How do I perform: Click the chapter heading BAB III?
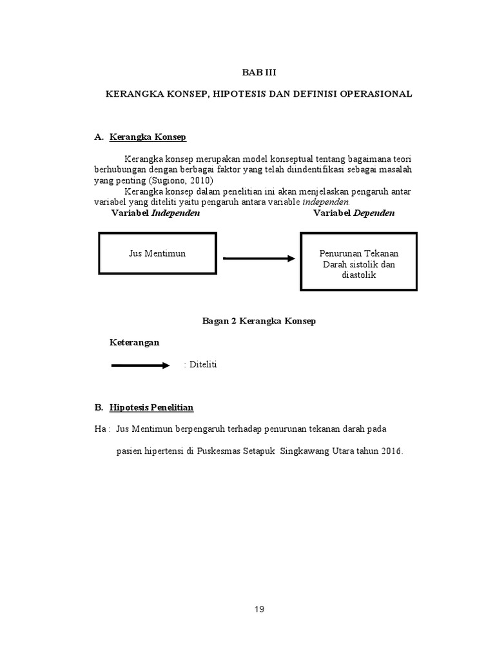(x=258, y=72)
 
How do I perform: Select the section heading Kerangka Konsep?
(x=148, y=137)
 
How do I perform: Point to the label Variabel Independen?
(x=155, y=213)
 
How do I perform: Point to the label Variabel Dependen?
(x=354, y=213)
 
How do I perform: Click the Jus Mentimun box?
(x=157, y=253)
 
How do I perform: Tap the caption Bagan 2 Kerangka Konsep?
(x=258, y=321)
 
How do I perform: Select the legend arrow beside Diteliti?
(x=140, y=365)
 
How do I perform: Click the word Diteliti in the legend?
(x=202, y=365)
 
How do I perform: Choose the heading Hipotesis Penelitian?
(x=151, y=408)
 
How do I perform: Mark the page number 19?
(x=258, y=609)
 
